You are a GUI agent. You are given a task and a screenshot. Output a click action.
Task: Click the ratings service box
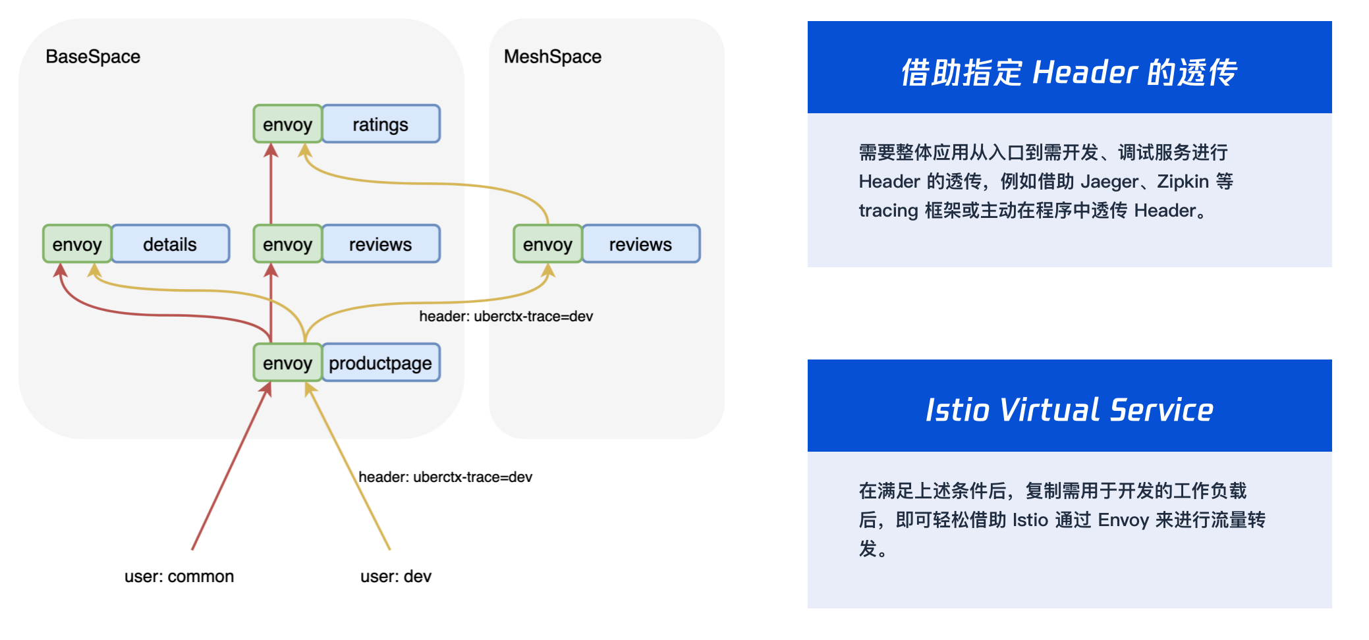click(x=381, y=124)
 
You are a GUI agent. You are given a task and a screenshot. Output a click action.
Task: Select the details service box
click(x=170, y=244)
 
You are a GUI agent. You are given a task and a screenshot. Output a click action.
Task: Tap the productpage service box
click(x=380, y=363)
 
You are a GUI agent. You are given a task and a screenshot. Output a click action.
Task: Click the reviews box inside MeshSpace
click(x=640, y=244)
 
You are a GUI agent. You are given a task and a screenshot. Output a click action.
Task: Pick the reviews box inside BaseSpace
click(x=380, y=244)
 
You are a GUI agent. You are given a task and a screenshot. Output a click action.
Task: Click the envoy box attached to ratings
click(x=287, y=124)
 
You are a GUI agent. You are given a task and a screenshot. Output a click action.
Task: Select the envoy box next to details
click(x=76, y=244)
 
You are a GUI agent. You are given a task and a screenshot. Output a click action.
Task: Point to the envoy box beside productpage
click(x=287, y=363)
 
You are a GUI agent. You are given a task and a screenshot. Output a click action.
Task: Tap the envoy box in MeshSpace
click(x=547, y=244)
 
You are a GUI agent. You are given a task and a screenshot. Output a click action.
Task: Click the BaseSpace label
click(x=93, y=57)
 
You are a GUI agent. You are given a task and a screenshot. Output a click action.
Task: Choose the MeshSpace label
click(x=552, y=57)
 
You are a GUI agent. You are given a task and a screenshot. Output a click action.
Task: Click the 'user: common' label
click(x=179, y=576)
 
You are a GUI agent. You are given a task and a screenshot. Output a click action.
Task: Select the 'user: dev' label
click(x=395, y=576)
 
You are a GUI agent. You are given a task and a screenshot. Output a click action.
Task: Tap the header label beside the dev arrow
click(x=445, y=477)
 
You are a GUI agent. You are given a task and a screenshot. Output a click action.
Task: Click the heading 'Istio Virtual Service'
click(x=1069, y=410)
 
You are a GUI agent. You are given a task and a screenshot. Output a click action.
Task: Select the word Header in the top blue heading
click(x=1084, y=72)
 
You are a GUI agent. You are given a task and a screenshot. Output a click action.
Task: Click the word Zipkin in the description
click(x=1183, y=181)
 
